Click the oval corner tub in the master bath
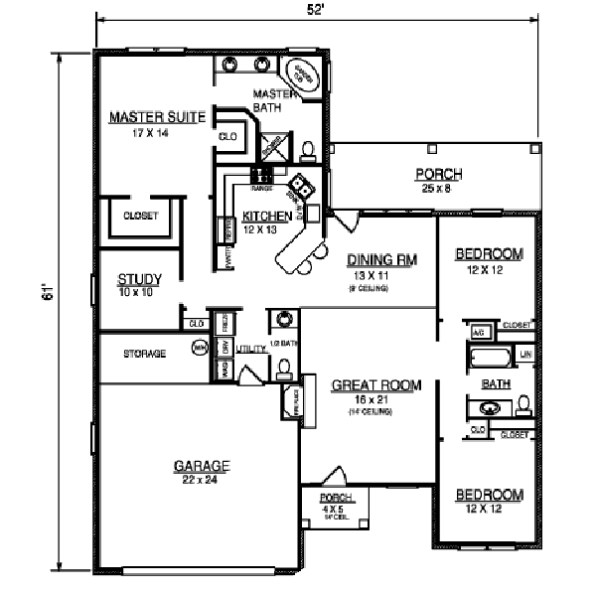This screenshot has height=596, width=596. (301, 74)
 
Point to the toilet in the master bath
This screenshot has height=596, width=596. (308, 151)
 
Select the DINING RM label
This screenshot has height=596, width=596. (381, 260)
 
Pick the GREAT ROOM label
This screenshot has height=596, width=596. (375, 385)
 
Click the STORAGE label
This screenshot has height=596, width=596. (144, 353)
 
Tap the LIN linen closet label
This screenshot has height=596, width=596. (526, 354)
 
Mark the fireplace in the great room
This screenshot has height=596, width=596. (291, 400)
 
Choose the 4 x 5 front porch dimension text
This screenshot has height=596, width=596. (331, 508)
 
